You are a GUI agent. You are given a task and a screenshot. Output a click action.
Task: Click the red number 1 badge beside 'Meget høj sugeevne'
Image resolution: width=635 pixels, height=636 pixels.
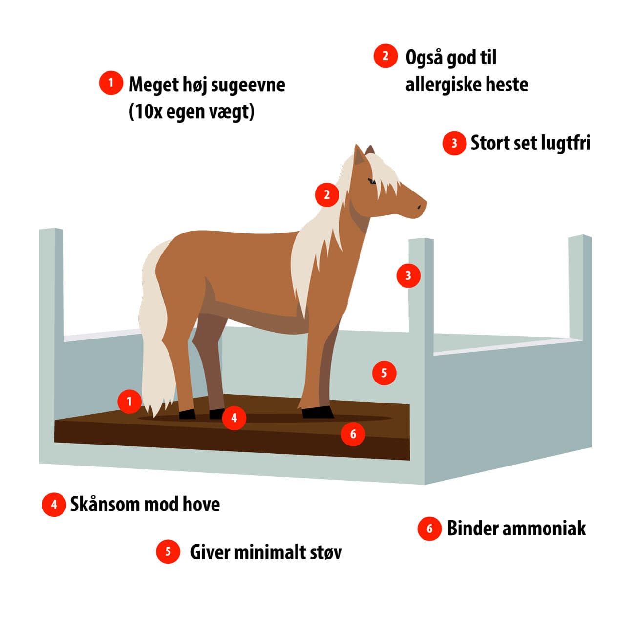[x=111, y=83]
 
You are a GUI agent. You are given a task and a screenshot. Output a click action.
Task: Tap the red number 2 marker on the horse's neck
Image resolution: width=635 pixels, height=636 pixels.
[x=327, y=195]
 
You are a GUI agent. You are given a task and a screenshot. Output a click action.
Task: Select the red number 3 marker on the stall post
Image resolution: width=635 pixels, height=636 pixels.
[x=408, y=276]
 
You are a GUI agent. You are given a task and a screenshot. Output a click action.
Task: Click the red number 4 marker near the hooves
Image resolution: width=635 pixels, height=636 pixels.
[x=234, y=418]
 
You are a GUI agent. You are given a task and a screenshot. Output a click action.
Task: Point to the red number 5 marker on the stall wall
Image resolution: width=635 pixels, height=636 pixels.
[x=384, y=373]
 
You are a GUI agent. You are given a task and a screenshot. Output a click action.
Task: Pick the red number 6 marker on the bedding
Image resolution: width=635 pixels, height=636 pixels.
[x=353, y=434]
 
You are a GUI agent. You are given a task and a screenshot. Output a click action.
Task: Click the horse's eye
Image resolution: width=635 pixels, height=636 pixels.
[x=372, y=182]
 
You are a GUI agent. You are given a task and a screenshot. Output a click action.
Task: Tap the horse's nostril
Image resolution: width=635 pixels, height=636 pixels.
[x=419, y=207]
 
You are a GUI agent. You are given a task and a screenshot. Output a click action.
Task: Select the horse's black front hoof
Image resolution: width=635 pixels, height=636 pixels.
[x=317, y=413]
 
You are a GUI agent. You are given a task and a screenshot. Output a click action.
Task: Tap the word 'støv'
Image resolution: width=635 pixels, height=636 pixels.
[x=326, y=552]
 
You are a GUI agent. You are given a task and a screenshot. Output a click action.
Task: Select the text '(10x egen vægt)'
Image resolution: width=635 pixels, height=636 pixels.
[x=191, y=112]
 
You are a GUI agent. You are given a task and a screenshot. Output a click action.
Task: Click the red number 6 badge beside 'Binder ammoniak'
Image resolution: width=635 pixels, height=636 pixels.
[x=429, y=529]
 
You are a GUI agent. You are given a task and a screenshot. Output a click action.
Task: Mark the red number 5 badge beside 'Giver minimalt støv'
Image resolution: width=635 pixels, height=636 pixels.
[x=168, y=551]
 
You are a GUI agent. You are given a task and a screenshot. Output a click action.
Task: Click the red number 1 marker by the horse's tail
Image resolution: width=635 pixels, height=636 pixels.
[x=129, y=402]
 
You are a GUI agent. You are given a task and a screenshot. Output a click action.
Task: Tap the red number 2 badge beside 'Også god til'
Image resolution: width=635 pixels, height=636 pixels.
[x=385, y=56]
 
